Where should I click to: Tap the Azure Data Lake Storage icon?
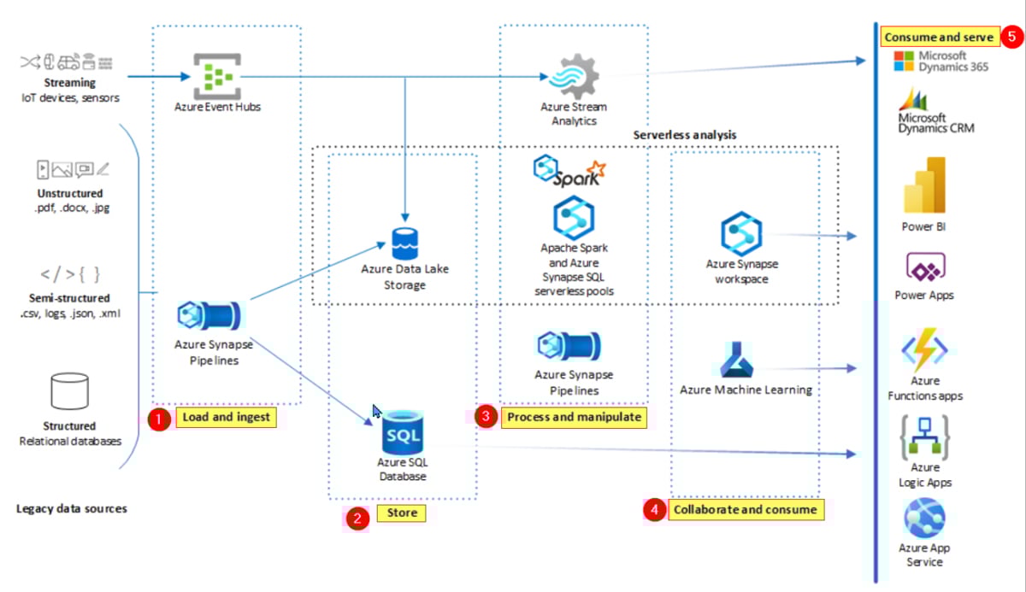[404, 242]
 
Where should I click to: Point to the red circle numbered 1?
[158, 419]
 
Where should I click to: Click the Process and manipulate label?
[572, 417]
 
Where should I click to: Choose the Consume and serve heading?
[939, 38]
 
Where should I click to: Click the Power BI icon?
[924, 185]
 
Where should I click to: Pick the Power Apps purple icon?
[924, 270]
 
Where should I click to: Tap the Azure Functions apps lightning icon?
[924, 352]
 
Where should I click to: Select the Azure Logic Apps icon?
[924, 437]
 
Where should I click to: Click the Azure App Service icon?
[924, 519]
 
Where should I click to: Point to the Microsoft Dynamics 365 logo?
[905, 61]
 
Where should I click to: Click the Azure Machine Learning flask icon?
[735, 360]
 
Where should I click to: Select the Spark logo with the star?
[569, 171]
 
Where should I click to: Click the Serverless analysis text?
[685, 135]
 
